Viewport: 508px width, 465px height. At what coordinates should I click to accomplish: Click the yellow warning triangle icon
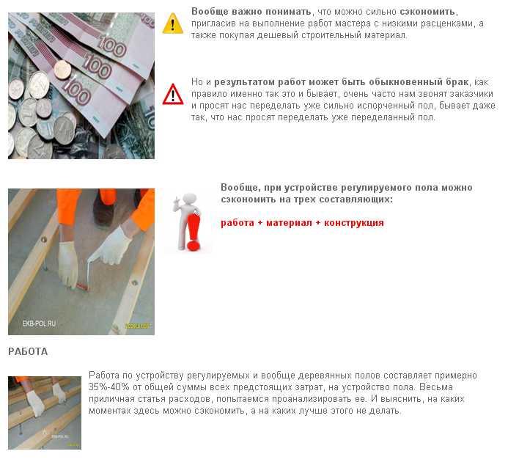tap(173, 23)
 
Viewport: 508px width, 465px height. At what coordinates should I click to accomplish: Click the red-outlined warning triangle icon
tap(173, 94)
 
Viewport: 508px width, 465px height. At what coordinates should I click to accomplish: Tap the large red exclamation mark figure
tap(194, 231)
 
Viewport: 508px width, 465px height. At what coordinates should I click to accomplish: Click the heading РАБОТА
tap(28, 351)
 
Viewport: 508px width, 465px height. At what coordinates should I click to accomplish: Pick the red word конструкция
tap(354, 223)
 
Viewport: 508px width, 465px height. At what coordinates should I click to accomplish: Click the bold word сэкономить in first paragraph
tap(427, 12)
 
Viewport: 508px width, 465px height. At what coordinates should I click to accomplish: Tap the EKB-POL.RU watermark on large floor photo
tap(39, 323)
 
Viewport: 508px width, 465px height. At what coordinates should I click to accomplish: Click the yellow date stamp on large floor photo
tap(137, 326)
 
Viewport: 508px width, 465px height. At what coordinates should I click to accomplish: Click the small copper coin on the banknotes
tap(62, 70)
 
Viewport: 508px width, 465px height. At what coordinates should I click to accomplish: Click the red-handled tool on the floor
tap(83, 287)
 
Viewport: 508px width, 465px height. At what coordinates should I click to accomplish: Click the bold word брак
tap(457, 82)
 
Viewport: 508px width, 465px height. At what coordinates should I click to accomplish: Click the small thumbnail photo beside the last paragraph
tap(45, 413)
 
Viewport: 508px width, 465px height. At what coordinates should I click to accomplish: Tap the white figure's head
tap(190, 198)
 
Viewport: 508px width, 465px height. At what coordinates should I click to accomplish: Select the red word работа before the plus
tap(238, 223)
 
